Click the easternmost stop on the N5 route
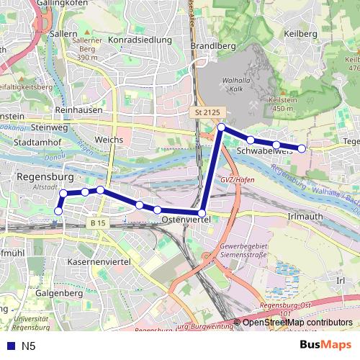pyautogui.click(x=302, y=148)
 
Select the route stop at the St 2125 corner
pyautogui.click(x=222, y=127)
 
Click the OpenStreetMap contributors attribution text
pyautogui.click(x=297, y=322)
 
